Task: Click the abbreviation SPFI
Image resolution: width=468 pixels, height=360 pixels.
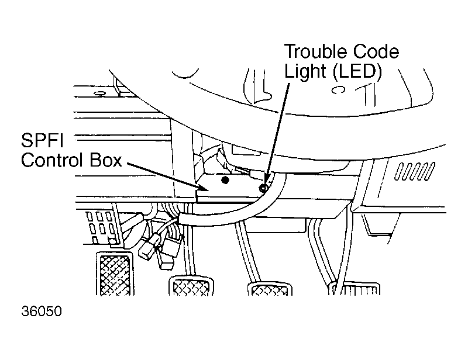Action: click(x=42, y=140)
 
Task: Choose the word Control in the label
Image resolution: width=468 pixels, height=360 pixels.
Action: click(x=51, y=160)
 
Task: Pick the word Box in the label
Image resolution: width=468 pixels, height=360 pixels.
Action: click(x=105, y=160)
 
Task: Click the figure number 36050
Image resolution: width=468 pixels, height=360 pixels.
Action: click(x=42, y=311)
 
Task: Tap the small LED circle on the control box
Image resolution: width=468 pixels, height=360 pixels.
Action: click(x=263, y=188)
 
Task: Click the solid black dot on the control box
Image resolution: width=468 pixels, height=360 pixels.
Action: click(x=226, y=180)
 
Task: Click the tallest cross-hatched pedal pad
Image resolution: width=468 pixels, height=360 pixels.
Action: click(x=115, y=274)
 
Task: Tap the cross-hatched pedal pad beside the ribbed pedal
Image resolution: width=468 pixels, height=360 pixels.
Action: click(x=270, y=289)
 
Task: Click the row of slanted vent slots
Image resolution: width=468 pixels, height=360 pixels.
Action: click(x=415, y=171)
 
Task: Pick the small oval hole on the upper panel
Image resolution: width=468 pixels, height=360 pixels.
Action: click(x=99, y=94)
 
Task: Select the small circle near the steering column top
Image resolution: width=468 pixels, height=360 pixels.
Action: click(x=339, y=90)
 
